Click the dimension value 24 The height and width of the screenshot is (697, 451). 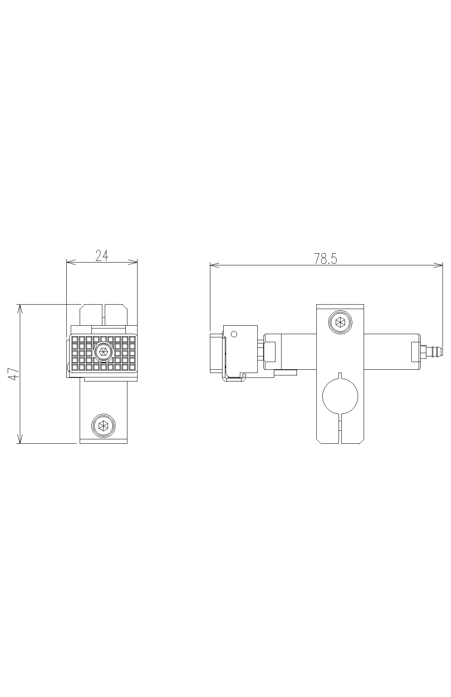102,256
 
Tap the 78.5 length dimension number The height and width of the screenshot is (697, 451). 326,259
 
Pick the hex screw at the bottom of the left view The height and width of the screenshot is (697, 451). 104,425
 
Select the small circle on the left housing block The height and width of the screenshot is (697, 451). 233,334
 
